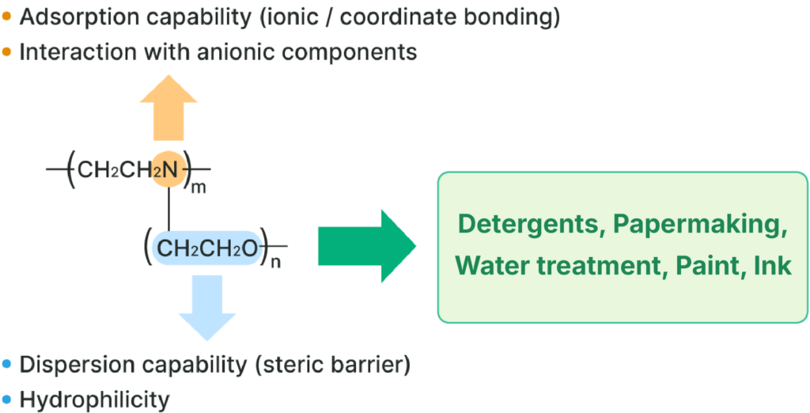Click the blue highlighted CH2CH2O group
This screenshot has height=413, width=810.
point(207,248)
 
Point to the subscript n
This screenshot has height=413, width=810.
point(276,263)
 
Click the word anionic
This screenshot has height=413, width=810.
point(242,52)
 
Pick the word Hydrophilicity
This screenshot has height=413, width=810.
point(94,400)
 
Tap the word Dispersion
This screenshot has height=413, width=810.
point(75,365)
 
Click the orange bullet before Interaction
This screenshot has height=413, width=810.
point(7,52)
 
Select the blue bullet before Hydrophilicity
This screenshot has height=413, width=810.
point(7,400)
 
